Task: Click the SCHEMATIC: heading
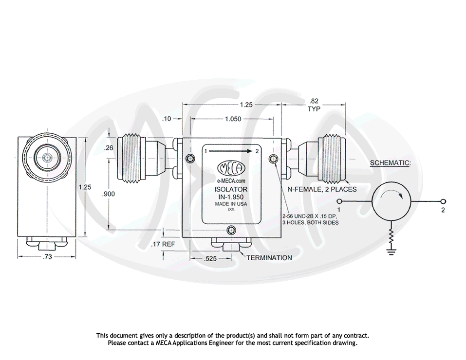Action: [x=390, y=162]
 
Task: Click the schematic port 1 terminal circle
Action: [x=341, y=202]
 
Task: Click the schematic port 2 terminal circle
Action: [x=443, y=202]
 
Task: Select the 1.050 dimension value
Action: [x=232, y=118]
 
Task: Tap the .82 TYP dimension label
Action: [x=314, y=105]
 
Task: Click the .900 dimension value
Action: [x=109, y=194]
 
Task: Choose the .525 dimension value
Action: [x=210, y=259]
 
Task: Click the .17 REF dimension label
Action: [x=163, y=244]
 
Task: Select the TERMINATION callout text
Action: [x=269, y=257]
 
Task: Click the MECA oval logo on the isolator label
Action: [x=231, y=168]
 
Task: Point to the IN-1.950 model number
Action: [x=231, y=197]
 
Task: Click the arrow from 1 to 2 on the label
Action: [x=231, y=151]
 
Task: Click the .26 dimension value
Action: [x=109, y=148]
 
